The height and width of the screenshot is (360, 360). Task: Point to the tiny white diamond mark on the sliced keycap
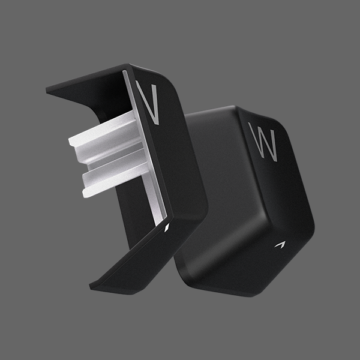pos(167,227)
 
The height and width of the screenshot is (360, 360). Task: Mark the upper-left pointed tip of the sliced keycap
pos(49,89)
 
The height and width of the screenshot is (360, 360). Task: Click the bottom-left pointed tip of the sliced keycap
pos(93,286)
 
